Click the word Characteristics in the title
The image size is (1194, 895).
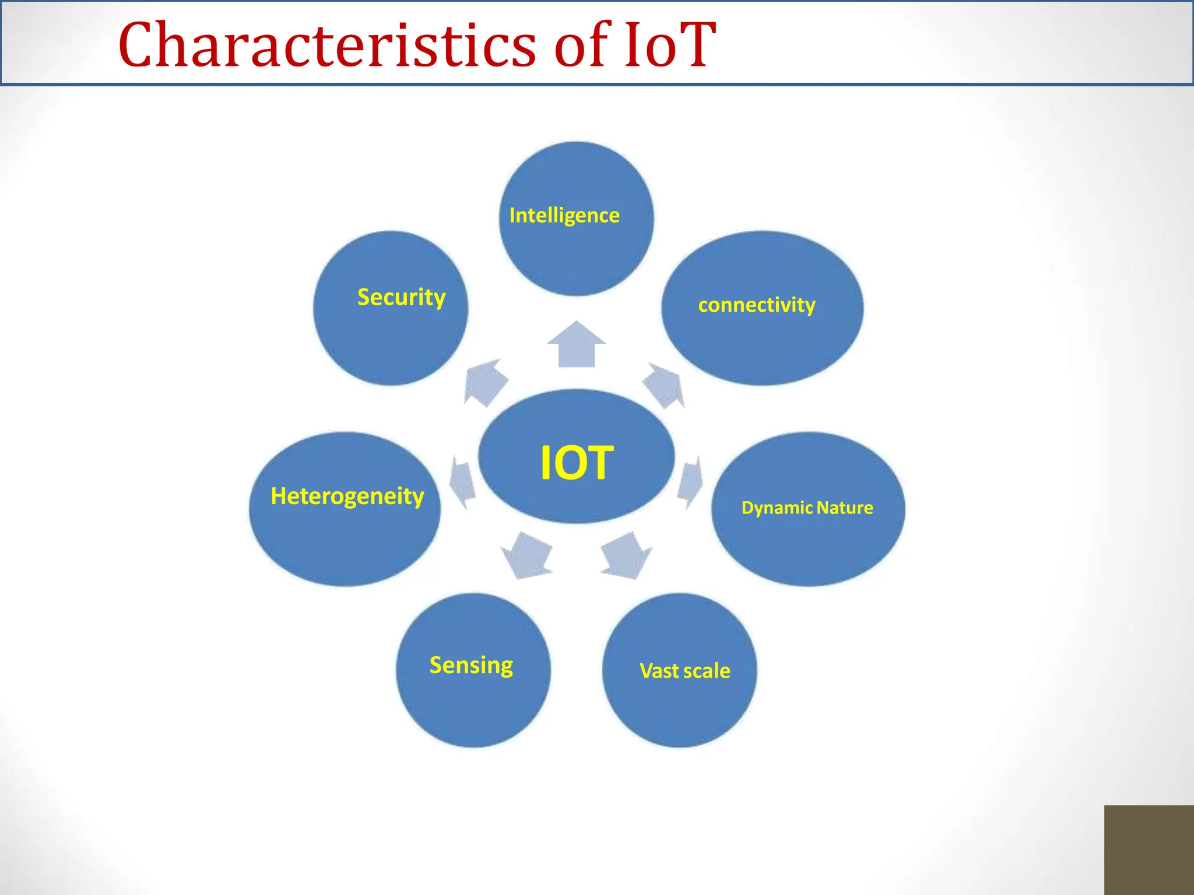[326, 45]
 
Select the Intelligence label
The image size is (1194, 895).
[564, 216]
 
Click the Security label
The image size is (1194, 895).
[401, 297]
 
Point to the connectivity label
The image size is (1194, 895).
[757, 305]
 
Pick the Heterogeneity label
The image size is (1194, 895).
[347, 496]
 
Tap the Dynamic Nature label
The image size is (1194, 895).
[807, 508]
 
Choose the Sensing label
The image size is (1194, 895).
[471, 665]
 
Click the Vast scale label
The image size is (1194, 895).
[684, 671]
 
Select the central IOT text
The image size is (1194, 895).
[577, 463]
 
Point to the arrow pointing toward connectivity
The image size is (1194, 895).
[665, 385]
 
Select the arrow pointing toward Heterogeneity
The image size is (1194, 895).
[462, 481]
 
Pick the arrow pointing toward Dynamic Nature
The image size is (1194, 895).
[690, 481]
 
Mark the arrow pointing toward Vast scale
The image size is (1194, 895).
[626, 555]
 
